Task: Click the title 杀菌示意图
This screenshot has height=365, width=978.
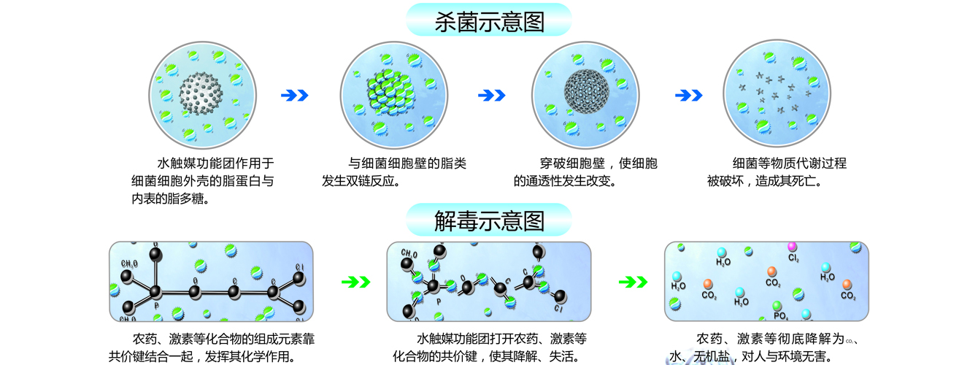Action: point(488,21)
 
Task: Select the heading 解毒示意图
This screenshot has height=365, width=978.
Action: point(488,220)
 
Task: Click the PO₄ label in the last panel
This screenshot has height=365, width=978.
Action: point(780,316)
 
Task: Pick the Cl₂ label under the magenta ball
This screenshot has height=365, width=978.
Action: point(793,258)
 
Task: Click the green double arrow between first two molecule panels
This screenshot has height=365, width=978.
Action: point(355,281)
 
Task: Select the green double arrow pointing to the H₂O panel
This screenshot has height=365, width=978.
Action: point(633,281)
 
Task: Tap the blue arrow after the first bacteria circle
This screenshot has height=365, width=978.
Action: point(295,95)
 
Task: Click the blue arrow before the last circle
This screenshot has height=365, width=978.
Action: point(688,95)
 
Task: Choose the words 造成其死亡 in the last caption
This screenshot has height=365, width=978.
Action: point(791,180)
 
